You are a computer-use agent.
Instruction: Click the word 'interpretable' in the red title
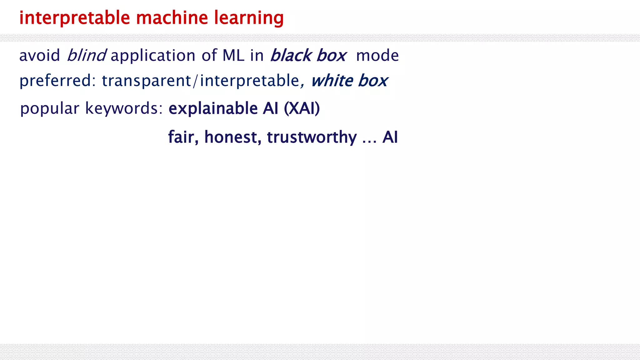(x=74, y=18)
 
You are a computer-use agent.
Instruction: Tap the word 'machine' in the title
(x=172, y=18)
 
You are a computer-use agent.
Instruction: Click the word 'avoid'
(x=39, y=56)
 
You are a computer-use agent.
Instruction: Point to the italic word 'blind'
(x=87, y=55)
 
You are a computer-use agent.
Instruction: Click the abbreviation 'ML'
(x=233, y=56)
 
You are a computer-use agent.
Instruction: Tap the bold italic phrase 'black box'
(x=308, y=56)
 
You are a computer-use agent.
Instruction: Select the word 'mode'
(x=377, y=56)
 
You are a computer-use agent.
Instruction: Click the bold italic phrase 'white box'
(x=349, y=81)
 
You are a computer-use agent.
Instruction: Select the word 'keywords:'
(x=124, y=108)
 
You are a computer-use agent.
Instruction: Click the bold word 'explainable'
(x=213, y=109)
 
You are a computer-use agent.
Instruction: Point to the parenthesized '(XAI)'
(x=302, y=108)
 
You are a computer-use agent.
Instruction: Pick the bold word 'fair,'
(x=183, y=137)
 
